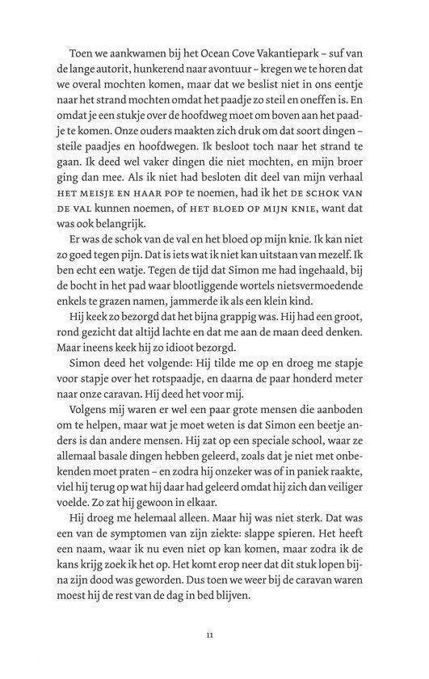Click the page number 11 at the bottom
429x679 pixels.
tap(209, 638)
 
